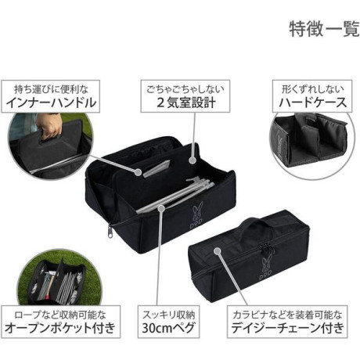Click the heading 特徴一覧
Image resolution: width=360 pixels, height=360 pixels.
(x=324, y=29)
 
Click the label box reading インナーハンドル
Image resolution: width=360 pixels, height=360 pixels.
(x=51, y=96)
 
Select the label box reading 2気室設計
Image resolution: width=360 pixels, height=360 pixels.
(x=185, y=96)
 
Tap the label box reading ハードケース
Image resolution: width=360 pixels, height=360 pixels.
(x=312, y=96)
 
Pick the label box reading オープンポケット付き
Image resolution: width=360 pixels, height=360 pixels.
(x=60, y=322)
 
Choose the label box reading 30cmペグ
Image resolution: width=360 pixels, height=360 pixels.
(x=168, y=322)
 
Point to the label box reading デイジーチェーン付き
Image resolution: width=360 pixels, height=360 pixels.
(x=287, y=322)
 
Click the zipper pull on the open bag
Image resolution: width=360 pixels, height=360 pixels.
(x=110, y=231)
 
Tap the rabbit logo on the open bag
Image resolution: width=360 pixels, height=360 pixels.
(x=197, y=213)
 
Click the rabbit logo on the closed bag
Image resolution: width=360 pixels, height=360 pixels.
(x=266, y=268)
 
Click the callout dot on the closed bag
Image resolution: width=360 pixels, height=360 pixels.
(x=217, y=251)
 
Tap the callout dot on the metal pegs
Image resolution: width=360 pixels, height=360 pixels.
(x=162, y=208)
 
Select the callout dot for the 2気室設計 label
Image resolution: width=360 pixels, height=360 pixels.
(x=193, y=160)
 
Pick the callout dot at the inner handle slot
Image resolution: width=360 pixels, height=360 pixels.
(x=139, y=172)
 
